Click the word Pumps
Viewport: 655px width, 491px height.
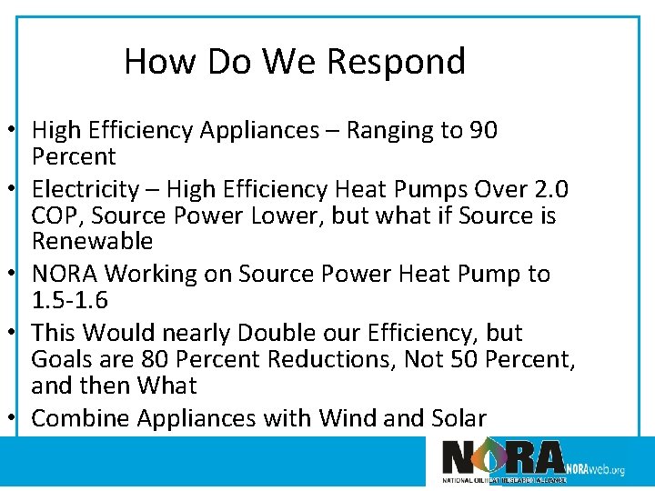tap(452, 190)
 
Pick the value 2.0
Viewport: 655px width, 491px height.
tap(549, 190)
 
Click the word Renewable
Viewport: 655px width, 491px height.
tap(92, 242)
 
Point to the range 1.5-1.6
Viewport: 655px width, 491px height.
tap(69, 300)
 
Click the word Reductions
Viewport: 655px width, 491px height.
tap(326, 359)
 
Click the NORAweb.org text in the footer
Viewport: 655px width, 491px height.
tap(595, 469)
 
